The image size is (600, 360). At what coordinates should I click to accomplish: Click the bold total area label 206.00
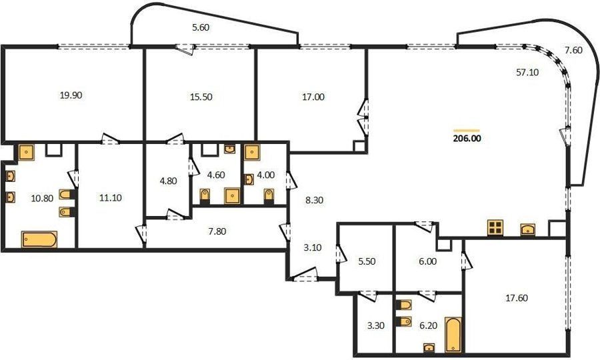[467, 139]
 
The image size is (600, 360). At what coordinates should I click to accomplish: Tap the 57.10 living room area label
[527, 72]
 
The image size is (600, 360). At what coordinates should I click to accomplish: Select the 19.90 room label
[71, 95]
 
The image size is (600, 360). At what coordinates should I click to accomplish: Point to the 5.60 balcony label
[201, 27]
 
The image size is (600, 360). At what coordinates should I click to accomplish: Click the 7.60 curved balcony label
[573, 50]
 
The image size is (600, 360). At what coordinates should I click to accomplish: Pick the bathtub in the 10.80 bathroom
[39, 239]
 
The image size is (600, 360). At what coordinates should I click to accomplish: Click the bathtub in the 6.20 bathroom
[453, 335]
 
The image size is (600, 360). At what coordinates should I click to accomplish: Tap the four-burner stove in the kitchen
[495, 227]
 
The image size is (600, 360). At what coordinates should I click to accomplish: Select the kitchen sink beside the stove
[528, 229]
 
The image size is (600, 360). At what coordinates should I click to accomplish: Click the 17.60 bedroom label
[517, 298]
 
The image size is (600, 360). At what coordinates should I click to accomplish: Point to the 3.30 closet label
[376, 326]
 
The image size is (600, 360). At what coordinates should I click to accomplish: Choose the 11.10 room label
[110, 198]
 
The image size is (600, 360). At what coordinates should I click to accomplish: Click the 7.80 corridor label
[217, 231]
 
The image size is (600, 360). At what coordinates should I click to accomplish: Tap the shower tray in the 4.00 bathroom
[252, 152]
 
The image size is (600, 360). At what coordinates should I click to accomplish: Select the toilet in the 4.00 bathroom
[269, 195]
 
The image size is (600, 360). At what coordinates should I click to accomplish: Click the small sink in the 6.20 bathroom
[429, 347]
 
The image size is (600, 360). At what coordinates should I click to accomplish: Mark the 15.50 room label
[201, 97]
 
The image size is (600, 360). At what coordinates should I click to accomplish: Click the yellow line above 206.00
[466, 131]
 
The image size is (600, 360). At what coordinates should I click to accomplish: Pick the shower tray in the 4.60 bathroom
[232, 195]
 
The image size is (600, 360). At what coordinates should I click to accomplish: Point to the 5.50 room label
[367, 262]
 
